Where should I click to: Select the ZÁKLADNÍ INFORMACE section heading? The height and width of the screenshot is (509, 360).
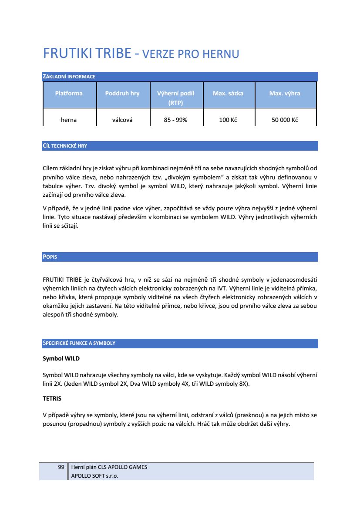click(69, 77)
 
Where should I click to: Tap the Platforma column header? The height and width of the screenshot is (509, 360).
click(69, 93)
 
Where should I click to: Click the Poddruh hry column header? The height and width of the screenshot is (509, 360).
click(122, 93)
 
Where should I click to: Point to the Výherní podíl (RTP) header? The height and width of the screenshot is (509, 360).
click(175, 98)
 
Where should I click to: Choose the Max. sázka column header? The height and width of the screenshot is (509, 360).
click(228, 93)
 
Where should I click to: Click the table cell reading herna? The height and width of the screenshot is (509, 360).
click(69, 120)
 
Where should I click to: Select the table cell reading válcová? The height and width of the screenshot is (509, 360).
click(122, 120)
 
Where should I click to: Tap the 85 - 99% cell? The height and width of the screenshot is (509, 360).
click(175, 120)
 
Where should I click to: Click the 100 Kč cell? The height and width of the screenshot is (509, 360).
click(228, 120)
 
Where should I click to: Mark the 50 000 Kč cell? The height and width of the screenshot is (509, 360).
click(285, 120)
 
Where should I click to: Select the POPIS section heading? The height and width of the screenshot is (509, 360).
click(50, 257)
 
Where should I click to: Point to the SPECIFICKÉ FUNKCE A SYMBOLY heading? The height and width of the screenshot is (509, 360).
click(79, 343)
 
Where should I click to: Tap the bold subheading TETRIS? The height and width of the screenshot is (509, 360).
click(52, 398)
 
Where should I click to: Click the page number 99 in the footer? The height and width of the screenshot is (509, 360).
click(61, 467)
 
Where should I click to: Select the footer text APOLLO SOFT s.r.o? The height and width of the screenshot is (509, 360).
click(94, 475)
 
